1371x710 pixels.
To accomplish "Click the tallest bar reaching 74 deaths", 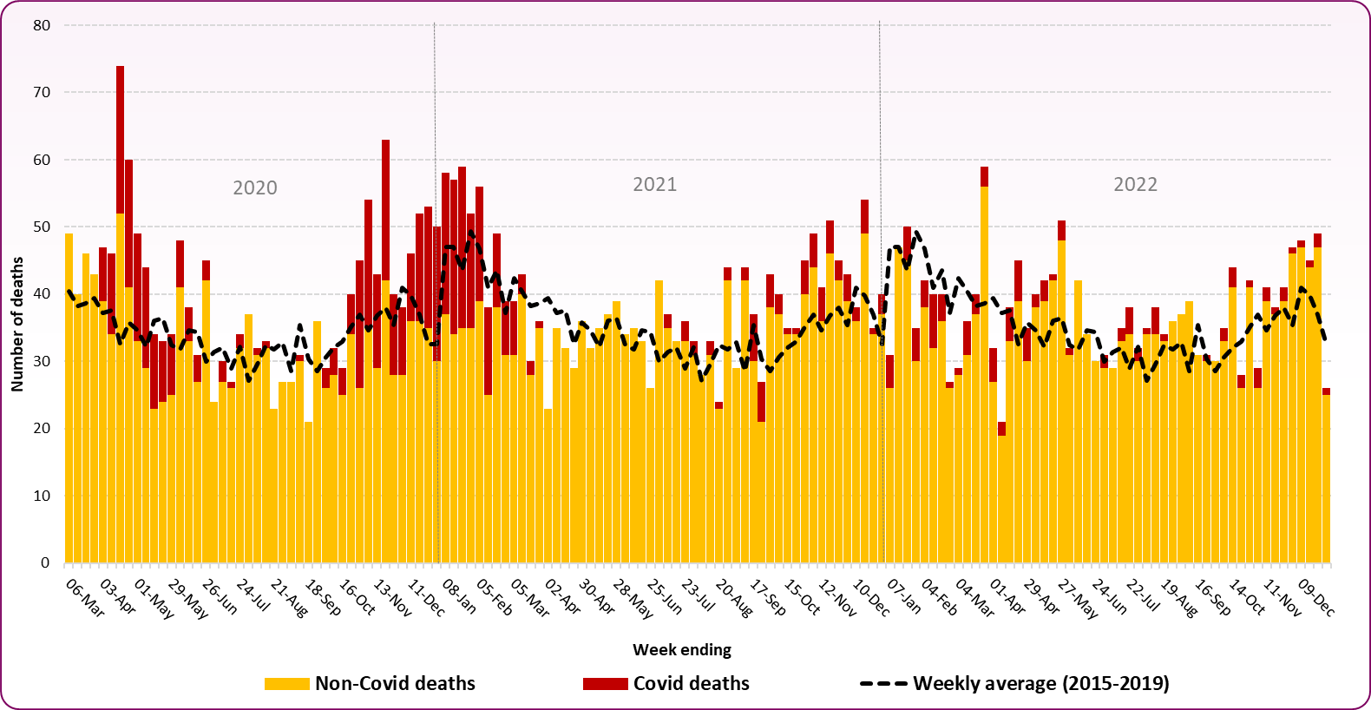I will [121, 260].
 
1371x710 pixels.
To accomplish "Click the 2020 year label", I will [255, 187].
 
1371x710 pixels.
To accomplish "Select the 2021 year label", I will [654, 184].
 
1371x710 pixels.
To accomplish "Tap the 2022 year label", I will [1135, 184].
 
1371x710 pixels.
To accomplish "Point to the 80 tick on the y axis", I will [42, 25].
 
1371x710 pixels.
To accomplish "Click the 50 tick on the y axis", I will [42, 227].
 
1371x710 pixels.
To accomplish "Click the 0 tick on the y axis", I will [45, 562].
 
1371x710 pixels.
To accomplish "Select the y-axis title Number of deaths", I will [17, 324].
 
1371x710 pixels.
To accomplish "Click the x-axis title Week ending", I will [681, 649].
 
